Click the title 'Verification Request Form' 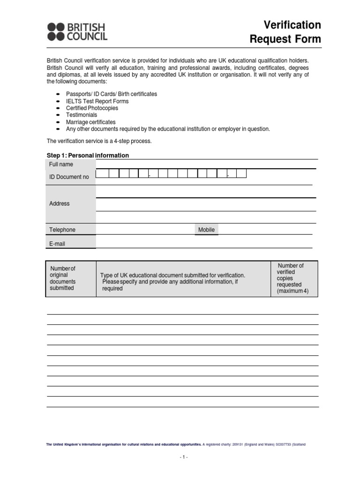(x=285, y=32)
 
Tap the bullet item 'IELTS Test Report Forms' (x=97, y=101)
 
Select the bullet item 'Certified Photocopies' (x=92, y=108)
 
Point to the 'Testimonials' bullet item (x=82, y=115)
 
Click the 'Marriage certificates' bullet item (x=90, y=122)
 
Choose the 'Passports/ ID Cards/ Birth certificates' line (x=111, y=94)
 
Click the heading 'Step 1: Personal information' (x=88, y=155)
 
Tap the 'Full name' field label (x=61, y=165)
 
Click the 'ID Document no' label (x=69, y=177)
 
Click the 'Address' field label (x=60, y=203)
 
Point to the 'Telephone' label (x=62, y=230)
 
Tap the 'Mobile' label (x=206, y=230)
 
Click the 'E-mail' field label (x=57, y=244)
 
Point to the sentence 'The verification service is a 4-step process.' (x=99, y=141)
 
